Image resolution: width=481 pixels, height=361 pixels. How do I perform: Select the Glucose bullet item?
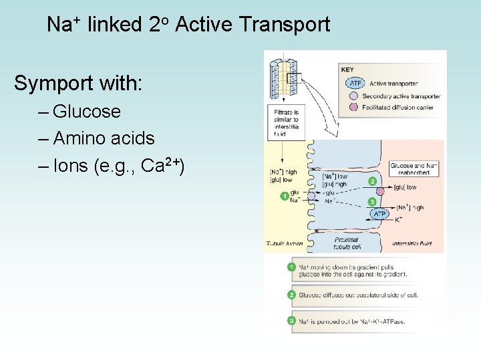point(87,111)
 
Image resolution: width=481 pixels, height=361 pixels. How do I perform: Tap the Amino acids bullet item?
point(104,138)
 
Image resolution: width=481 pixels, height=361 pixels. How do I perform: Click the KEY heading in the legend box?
point(347,69)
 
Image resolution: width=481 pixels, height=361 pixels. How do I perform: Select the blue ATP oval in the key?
point(355,84)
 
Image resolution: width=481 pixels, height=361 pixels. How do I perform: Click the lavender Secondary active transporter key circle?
point(354,96)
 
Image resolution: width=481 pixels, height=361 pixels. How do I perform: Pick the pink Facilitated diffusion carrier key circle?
point(354,107)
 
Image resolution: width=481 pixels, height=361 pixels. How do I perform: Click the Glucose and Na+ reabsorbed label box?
point(414,168)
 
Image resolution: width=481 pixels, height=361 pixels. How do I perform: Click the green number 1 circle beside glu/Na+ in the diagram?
point(285,196)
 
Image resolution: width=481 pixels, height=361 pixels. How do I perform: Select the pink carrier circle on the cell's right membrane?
point(380,191)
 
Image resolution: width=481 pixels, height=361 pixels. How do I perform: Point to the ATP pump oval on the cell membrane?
point(379,214)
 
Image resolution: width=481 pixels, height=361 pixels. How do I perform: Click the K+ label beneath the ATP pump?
point(398,219)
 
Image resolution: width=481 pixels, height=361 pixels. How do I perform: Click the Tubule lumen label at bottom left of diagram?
point(285,243)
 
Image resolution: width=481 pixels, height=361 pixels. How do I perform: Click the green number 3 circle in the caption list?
point(291,322)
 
